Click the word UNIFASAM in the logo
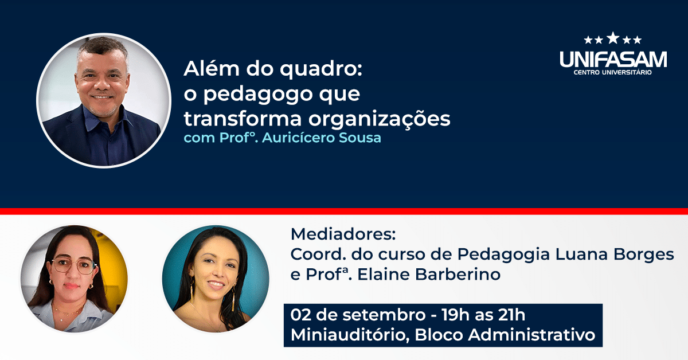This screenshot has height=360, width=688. click(x=613, y=59)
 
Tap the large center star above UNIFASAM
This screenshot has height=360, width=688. click(x=613, y=38)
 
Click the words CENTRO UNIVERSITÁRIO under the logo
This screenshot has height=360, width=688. click(x=613, y=72)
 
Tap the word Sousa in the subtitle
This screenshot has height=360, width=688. click(x=359, y=138)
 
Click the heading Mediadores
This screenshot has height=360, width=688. click(x=343, y=234)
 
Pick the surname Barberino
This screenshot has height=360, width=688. click(x=458, y=274)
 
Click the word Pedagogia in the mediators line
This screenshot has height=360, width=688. click(x=503, y=255)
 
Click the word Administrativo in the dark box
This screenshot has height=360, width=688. click(x=531, y=335)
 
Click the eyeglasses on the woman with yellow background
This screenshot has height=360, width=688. click(x=75, y=266)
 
